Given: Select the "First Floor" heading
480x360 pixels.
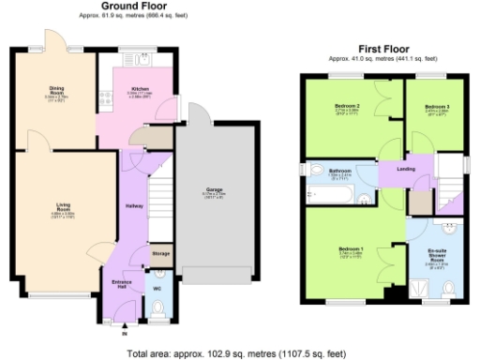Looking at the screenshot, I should (384, 48).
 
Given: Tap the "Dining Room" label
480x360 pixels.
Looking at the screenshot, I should (56, 91).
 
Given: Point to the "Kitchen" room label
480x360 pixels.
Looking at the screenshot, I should (140, 90).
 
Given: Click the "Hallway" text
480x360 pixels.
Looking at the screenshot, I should (133, 206).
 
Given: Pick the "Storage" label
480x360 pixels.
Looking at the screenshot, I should (161, 253).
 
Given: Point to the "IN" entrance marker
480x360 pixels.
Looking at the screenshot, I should (126, 332).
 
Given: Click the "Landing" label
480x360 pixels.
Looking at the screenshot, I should (406, 169).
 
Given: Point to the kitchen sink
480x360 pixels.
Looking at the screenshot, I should (144, 64).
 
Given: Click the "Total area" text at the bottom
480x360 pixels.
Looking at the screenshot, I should (240, 353).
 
